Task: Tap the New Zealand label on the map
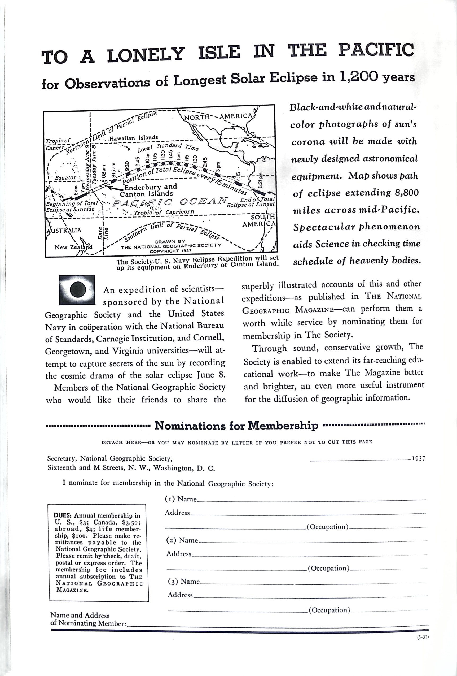pyautogui.click(x=73, y=247)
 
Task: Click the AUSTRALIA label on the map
pyautogui.click(x=64, y=230)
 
